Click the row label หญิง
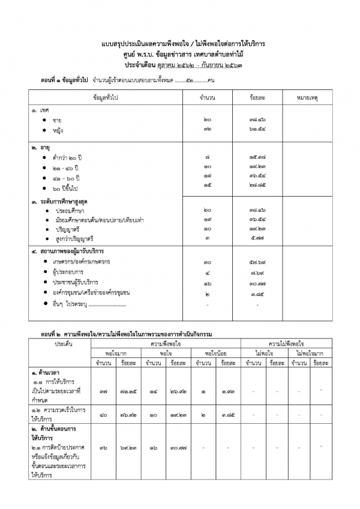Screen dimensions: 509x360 [58, 130]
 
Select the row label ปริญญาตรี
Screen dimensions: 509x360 [68, 229]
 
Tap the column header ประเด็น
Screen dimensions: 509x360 [64, 343]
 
